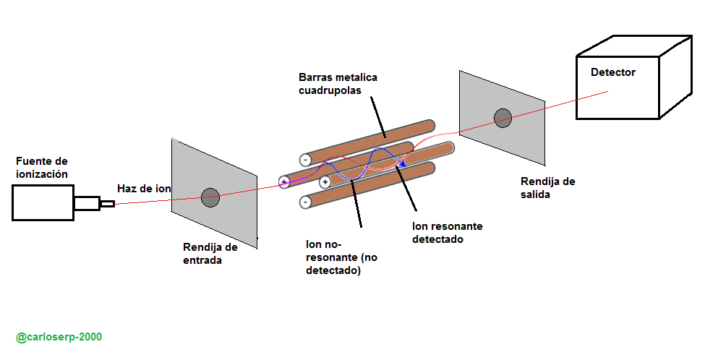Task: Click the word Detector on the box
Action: coord(612,72)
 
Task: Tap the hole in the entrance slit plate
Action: coord(210,196)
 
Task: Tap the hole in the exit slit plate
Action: coord(502,117)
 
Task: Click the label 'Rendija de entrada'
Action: coord(210,254)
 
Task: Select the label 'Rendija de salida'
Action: coord(547,187)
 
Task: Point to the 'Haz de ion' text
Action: coord(144,189)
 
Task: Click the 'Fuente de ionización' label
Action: coord(42,168)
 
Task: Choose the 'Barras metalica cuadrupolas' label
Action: coord(338,84)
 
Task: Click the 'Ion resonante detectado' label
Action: coord(447,233)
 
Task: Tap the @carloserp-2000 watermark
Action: coord(59,338)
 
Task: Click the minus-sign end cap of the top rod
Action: coord(305,159)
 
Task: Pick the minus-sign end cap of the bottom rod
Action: coord(305,202)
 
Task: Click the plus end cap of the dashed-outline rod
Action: coord(325,181)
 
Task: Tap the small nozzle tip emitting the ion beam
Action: coord(107,204)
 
